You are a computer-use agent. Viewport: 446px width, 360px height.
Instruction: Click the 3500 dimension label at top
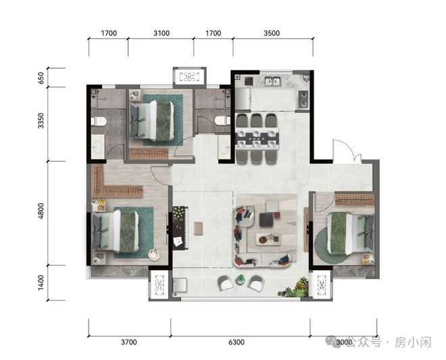click(272, 33)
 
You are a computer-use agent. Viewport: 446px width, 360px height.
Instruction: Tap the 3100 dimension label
click(162, 33)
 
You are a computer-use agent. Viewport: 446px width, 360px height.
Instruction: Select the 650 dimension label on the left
click(41, 78)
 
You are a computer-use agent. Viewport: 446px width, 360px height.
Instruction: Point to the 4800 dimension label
click(41, 211)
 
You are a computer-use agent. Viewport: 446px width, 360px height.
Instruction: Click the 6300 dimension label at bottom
click(237, 342)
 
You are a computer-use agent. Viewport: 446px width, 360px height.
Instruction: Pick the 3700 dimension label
click(129, 342)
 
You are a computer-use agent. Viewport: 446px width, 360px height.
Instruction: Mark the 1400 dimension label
click(41, 282)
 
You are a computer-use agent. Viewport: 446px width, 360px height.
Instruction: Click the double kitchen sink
click(273, 81)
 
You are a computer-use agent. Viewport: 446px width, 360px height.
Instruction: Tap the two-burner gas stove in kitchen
click(303, 99)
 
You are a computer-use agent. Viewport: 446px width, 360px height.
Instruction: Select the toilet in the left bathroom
click(99, 122)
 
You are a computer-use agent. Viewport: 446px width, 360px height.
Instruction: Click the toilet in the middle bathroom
click(222, 121)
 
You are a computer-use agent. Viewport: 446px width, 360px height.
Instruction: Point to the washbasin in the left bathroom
click(98, 147)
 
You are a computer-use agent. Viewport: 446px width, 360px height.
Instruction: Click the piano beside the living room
click(180, 228)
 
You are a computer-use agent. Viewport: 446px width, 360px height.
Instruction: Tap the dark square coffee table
click(266, 220)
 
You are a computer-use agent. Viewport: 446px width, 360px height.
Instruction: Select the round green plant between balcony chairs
click(241, 280)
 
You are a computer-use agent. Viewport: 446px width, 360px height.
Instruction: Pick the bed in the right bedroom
click(351, 234)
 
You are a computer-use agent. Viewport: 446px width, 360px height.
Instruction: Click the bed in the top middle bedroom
click(151, 121)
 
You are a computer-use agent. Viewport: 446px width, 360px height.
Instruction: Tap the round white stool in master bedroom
click(155, 254)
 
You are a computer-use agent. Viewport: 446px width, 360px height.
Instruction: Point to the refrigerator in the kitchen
click(243, 99)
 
